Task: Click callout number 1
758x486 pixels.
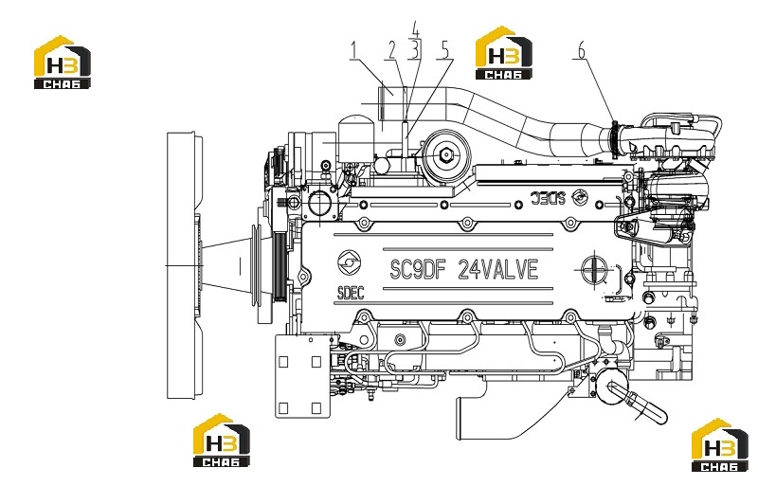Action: [x=354, y=50]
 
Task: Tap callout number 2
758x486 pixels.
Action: [x=392, y=50]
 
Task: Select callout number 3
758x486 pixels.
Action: [x=413, y=50]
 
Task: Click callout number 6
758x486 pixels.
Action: [x=581, y=50]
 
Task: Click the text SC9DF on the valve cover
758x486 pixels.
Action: [x=417, y=270]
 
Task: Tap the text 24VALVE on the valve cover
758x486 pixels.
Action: [x=497, y=270]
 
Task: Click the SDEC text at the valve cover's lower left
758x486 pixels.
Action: [x=351, y=293]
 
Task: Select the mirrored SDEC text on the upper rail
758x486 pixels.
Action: [x=548, y=198]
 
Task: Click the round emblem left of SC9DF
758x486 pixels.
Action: [x=348, y=262]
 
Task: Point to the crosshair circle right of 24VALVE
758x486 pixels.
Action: [x=594, y=267]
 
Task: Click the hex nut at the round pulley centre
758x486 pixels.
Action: [x=446, y=154]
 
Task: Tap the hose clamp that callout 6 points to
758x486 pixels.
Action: [x=615, y=140]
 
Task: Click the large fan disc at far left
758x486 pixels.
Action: [x=182, y=265]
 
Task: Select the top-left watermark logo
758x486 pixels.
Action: [x=63, y=62]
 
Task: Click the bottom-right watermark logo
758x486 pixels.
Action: [x=720, y=445]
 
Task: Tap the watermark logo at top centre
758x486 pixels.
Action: [x=504, y=53]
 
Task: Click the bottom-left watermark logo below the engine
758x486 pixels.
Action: [x=222, y=441]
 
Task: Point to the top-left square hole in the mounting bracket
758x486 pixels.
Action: [x=283, y=362]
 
